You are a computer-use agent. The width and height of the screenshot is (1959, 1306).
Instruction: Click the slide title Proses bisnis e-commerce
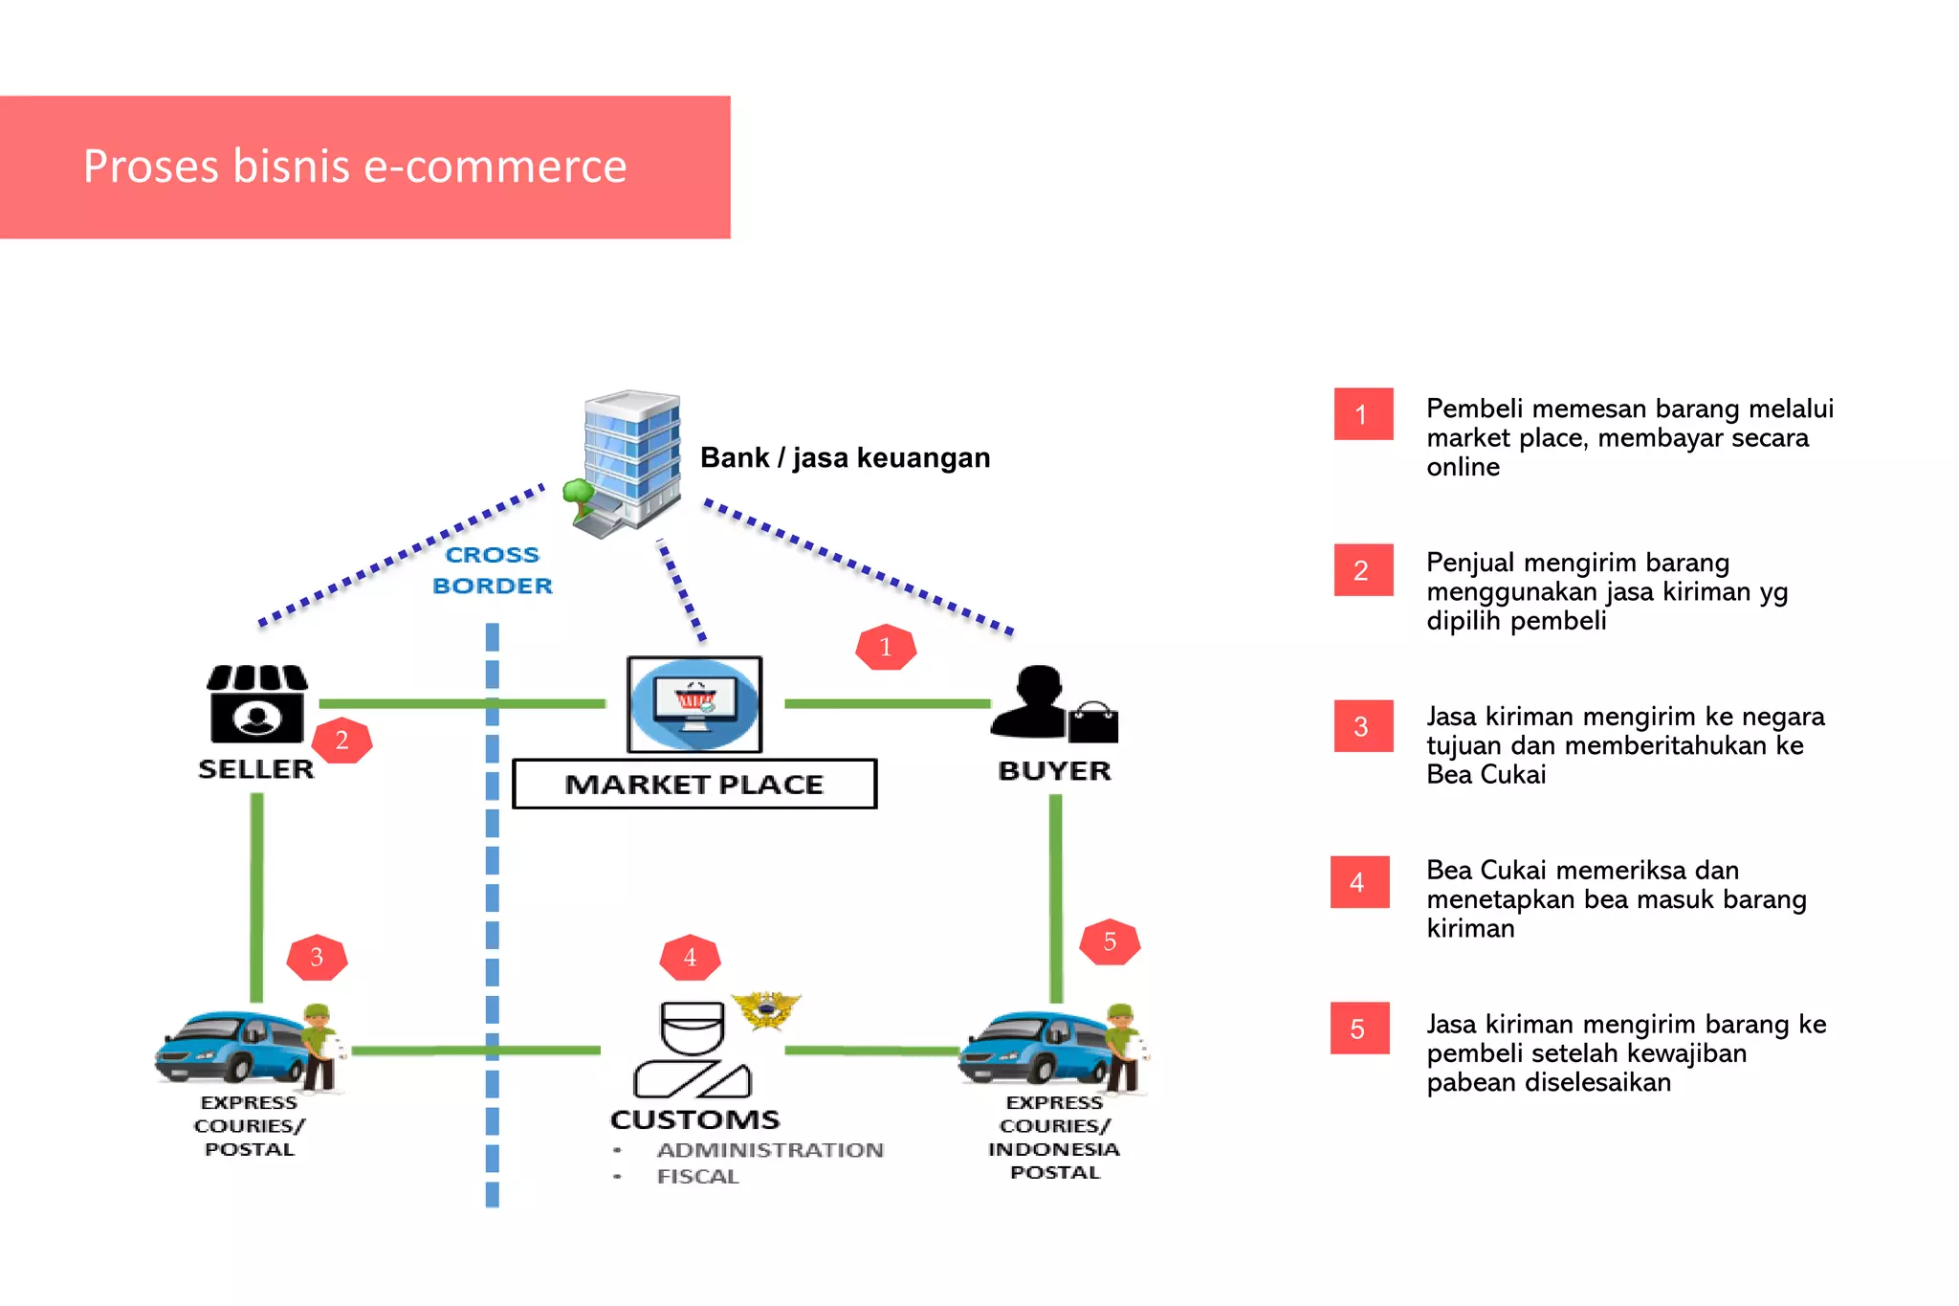coord(355,166)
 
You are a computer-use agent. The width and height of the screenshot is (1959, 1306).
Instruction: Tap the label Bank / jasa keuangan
coord(845,458)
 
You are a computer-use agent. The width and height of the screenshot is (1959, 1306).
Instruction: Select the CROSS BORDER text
coord(493,570)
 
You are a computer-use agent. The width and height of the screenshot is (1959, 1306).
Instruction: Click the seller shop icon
coord(256,704)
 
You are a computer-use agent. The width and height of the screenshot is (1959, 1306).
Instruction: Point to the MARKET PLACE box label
coord(694,785)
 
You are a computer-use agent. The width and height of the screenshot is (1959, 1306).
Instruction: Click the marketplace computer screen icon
coord(695,705)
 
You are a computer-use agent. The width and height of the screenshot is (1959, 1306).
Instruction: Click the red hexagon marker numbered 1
coord(886,648)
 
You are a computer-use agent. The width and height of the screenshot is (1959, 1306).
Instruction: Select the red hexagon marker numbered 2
coord(341,741)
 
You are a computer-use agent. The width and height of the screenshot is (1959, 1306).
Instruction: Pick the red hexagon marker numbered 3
coord(317,958)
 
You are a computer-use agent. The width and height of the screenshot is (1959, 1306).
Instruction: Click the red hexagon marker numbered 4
coord(690,958)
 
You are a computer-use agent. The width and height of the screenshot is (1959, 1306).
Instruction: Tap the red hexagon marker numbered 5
coord(1110,942)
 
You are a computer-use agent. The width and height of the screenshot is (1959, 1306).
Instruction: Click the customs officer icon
coord(692,1050)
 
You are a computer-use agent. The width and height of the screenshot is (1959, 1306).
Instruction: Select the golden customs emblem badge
coord(765,1009)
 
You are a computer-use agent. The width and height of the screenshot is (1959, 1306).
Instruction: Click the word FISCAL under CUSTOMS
coord(697,1177)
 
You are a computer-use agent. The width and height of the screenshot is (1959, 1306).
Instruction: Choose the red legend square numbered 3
coord(1362,726)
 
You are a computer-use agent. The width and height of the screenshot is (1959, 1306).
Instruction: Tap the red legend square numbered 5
coord(1359,1029)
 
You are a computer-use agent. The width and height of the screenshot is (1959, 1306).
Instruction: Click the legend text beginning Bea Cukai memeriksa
coord(1616,898)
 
